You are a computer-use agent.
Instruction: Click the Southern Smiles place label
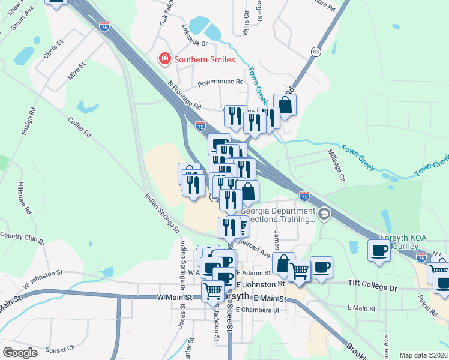204,59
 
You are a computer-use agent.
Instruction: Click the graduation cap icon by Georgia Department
324,214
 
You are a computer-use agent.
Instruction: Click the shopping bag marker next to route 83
285,105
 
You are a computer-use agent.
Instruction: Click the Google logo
20,353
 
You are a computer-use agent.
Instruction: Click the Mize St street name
77,73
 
